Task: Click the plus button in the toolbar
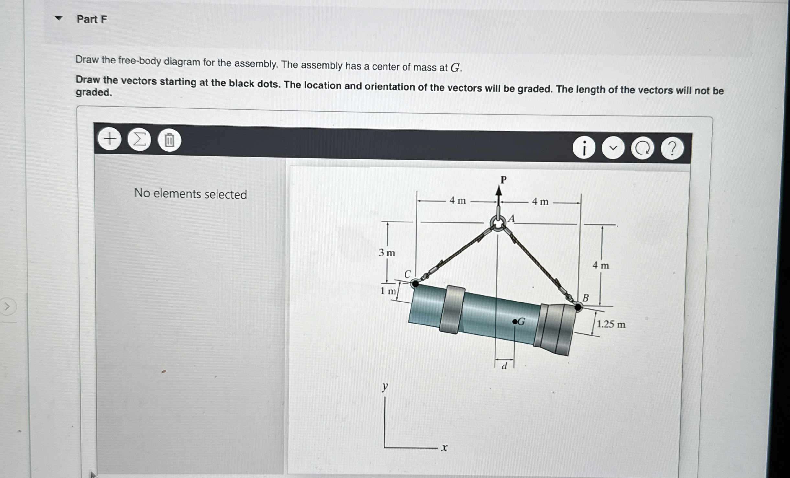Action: pyautogui.click(x=110, y=139)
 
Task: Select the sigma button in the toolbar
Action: pyautogui.click(x=139, y=140)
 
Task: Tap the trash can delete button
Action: pyautogui.click(x=169, y=141)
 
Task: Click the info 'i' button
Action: pyautogui.click(x=584, y=148)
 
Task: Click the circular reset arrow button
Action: pyautogui.click(x=642, y=149)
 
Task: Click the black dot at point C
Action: pyautogui.click(x=415, y=284)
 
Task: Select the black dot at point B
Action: pyautogui.click(x=578, y=307)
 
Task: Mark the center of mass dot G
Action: pyautogui.click(x=514, y=322)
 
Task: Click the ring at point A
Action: pyautogui.click(x=498, y=222)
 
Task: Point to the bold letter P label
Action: pyautogui.click(x=503, y=180)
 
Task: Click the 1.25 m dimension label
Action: pyautogui.click(x=611, y=324)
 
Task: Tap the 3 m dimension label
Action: pyautogui.click(x=387, y=253)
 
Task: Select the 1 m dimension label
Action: pyautogui.click(x=388, y=291)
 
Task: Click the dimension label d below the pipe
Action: pyautogui.click(x=504, y=366)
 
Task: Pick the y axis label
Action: pyautogui.click(x=385, y=386)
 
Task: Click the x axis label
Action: pyautogui.click(x=444, y=448)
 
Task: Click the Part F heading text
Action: pyautogui.click(x=92, y=19)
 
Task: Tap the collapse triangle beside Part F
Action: pyautogui.click(x=59, y=18)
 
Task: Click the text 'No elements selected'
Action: pyautogui.click(x=191, y=194)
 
